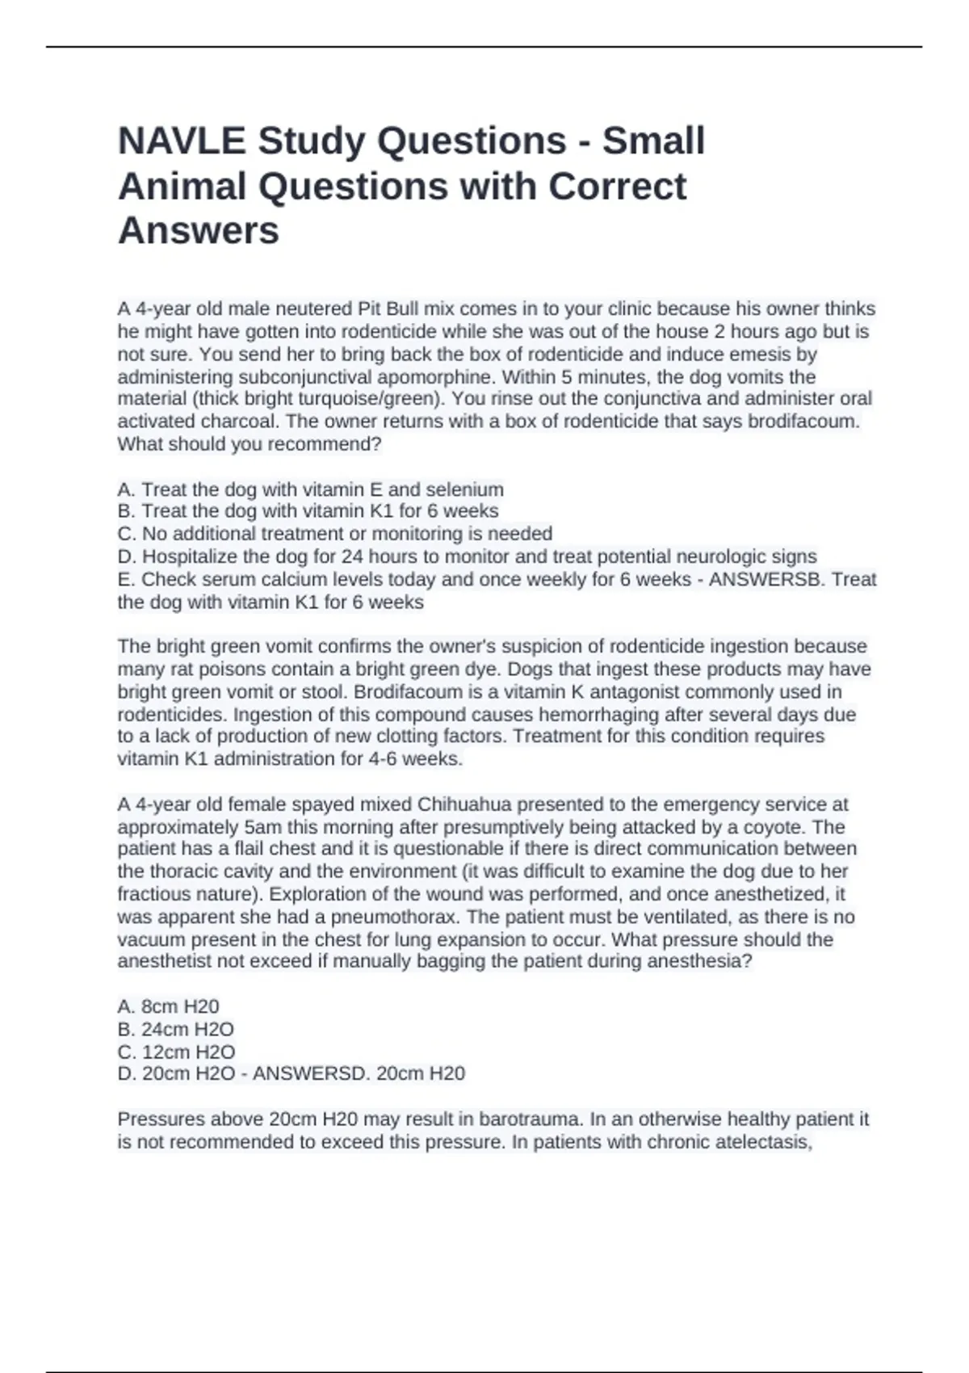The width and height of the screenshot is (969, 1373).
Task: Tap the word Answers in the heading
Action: pyautogui.click(x=199, y=230)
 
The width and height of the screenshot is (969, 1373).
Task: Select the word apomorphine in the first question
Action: pyautogui.click(x=442, y=377)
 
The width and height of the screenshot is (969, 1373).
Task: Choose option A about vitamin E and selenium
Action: pyautogui.click(x=310, y=489)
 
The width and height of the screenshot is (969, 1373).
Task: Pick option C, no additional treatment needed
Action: pyautogui.click(x=334, y=534)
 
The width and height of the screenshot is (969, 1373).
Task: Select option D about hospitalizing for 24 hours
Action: pyautogui.click(x=467, y=556)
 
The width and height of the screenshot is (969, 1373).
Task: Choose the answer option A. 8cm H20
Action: pyautogui.click(x=168, y=1006)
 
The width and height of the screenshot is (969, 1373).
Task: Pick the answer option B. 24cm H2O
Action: pyautogui.click(x=175, y=1030)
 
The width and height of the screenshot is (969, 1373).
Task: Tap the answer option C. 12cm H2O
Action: pyautogui.click(x=176, y=1052)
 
